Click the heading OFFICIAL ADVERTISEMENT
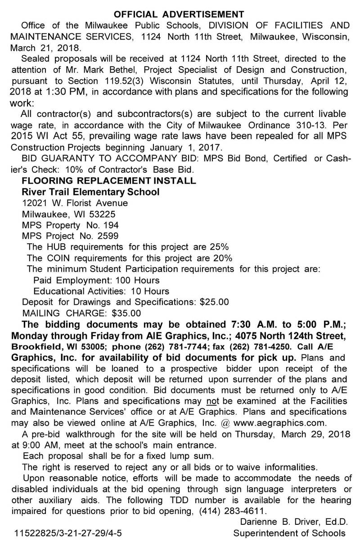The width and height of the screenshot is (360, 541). [180, 13]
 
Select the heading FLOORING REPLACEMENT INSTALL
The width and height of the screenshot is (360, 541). [109, 181]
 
